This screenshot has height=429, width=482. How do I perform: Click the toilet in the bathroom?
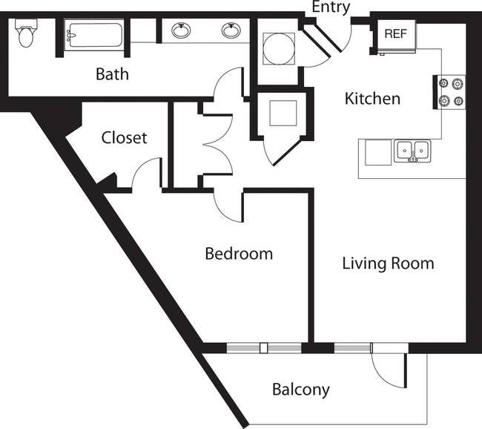tap(27, 34)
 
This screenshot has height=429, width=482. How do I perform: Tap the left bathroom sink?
tap(180, 30)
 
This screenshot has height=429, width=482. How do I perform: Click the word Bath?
tap(112, 73)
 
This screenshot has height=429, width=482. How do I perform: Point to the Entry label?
tap(331, 7)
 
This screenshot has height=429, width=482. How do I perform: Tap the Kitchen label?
tap(372, 99)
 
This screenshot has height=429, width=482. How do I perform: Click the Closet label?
tap(124, 138)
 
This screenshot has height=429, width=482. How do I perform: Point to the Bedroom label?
tap(239, 254)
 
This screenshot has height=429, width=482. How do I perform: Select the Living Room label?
tap(388, 263)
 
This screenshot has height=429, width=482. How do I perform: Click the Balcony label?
tap(300, 390)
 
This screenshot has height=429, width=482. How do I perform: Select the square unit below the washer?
tap(283, 114)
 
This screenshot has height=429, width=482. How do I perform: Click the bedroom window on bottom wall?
tap(263, 347)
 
